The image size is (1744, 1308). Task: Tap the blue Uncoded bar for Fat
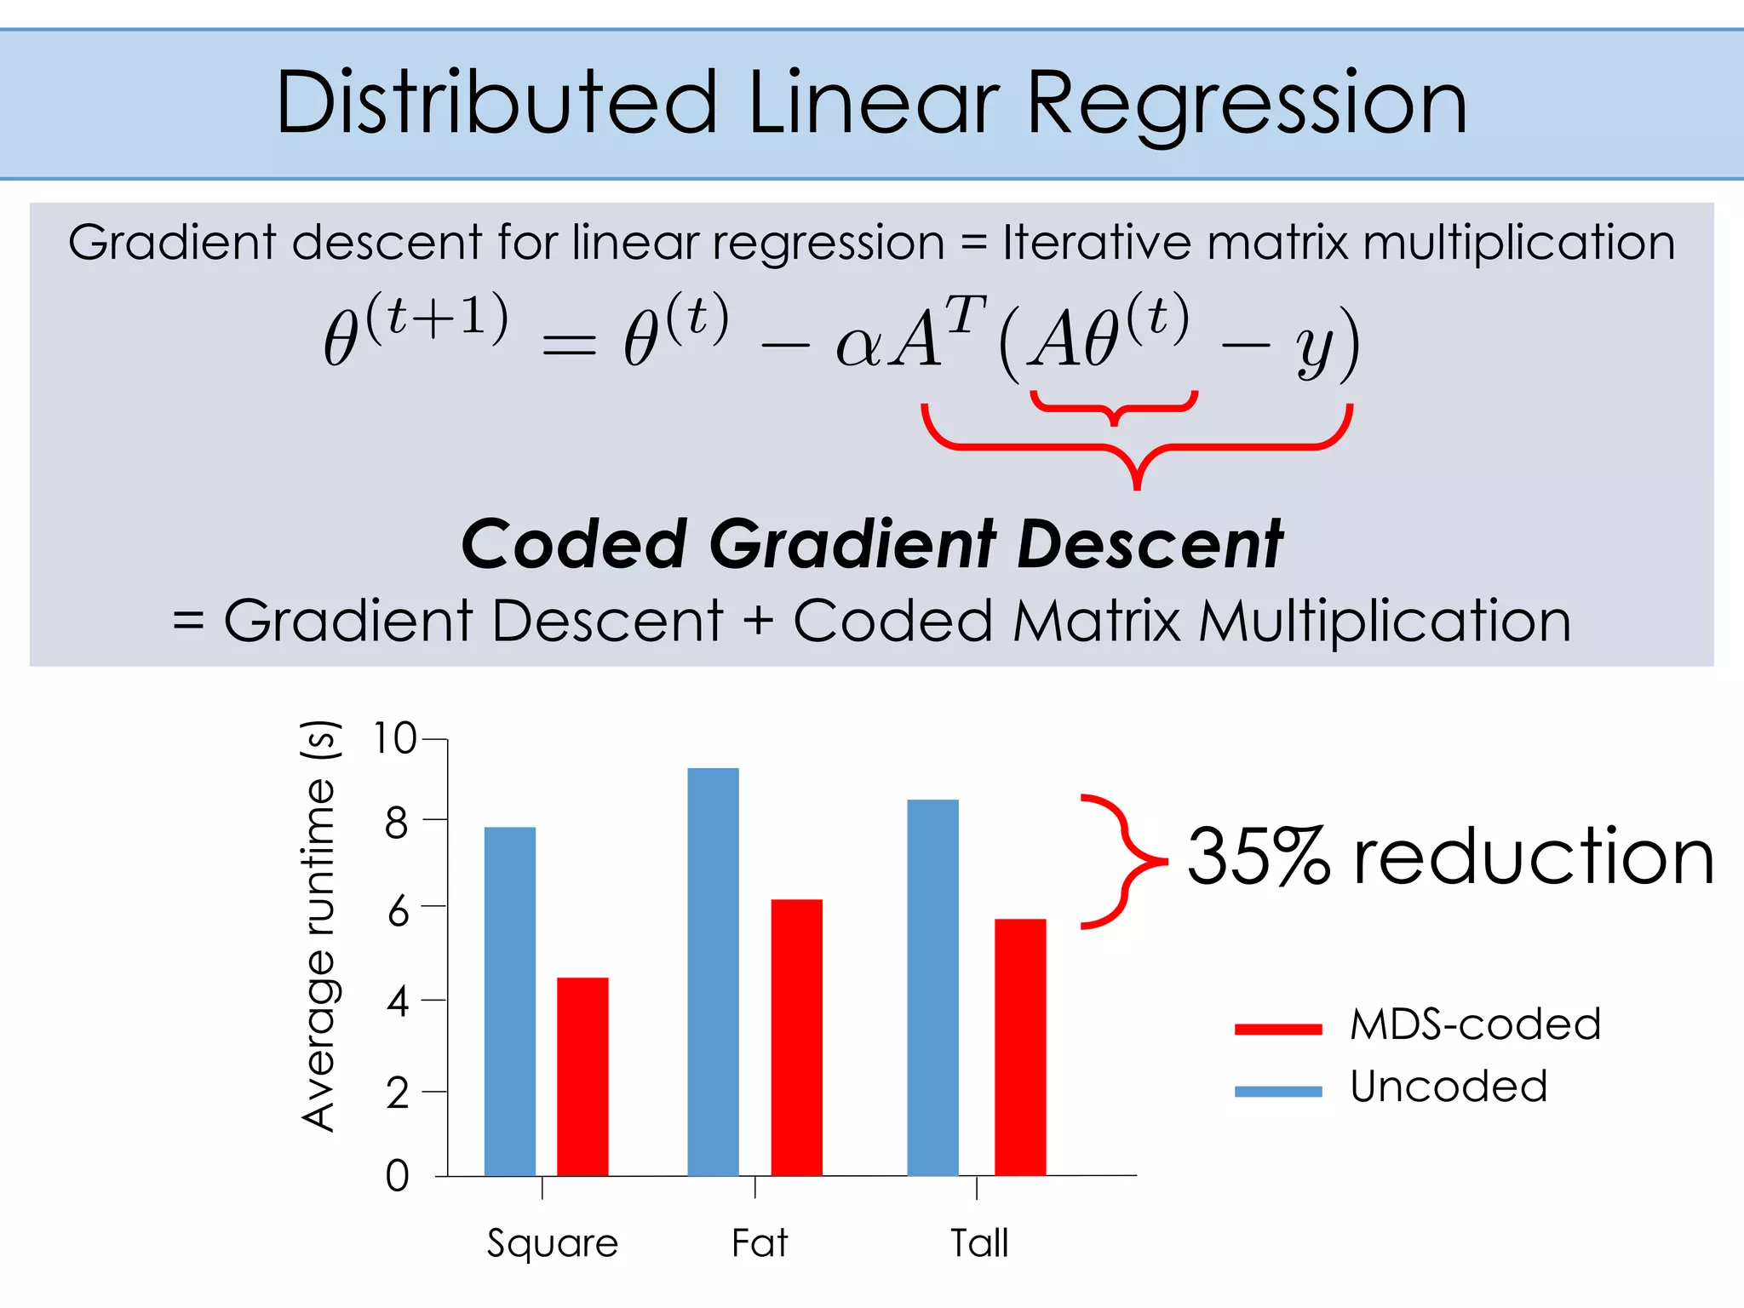(x=713, y=971)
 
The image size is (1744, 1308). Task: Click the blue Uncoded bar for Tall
(x=932, y=987)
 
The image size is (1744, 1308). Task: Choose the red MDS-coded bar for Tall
(x=1019, y=1047)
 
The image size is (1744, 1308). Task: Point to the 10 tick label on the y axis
(x=394, y=737)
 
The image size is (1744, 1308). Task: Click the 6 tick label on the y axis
(x=398, y=912)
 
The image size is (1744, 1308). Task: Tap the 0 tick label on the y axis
(x=397, y=1176)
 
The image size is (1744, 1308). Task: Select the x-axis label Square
(x=552, y=1244)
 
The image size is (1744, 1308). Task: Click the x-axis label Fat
(x=760, y=1242)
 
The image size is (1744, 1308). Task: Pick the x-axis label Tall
(x=979, y=1242)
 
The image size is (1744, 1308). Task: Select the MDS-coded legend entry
(x=1475, y=1024)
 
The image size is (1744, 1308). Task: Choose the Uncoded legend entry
(x=1448, y=1087)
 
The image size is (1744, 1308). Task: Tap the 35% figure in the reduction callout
(x=1258, y=857)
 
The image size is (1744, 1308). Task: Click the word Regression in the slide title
(x=1247, y=104)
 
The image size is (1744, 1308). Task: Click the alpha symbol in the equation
(x=858, y=345)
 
